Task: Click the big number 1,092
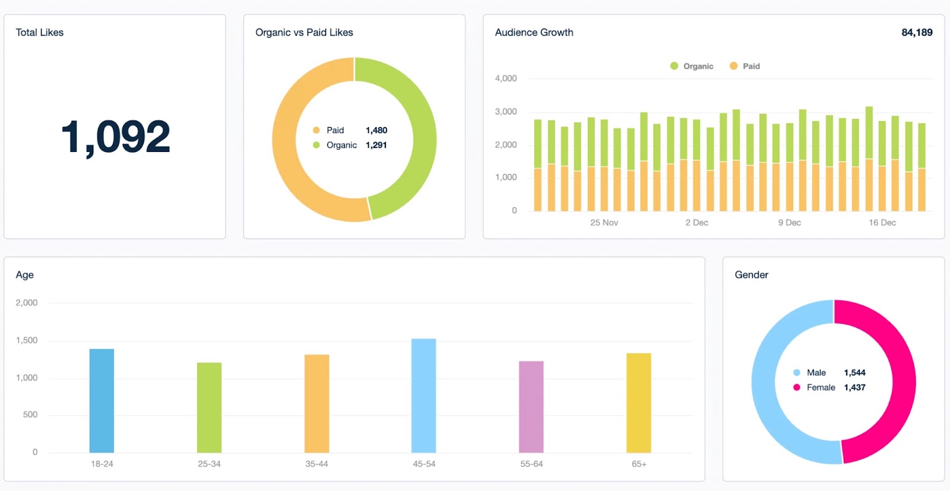pyautogui.click(x=115, y=137)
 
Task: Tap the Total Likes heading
pyautogui.click(x=39, y=33)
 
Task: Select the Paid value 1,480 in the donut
pyautogui.click(x=376, y=130)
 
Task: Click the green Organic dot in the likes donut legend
pyautogui.click(x=316, y=145)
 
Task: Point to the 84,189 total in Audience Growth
pyautogui.click(x=916, y=33)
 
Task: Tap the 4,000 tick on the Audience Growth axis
pyautogui.click(x=505, y=78)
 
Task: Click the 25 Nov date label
pyautogui.click(x=604, y=223)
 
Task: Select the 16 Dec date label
pyautogui.click(x=882, y=223)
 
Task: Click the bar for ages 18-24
pyautogui.click(x=102, y=401)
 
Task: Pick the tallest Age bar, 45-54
pyautogui.click(x=423, y=395)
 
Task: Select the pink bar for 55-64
pyautogui.click(x=531, y=407)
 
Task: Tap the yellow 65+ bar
pyautogui.click(x=638, y=403)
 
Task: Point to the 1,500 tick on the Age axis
pyautogui.click(x=27, y=340)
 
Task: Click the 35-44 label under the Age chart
pyautogui.click(x=316, y=464)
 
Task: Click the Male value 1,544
pyautogui.click(x=854, y=373)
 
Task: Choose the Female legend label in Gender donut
pyautogui.click(x=821, y=387)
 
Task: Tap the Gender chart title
pyautogui.click(x=751, y=275)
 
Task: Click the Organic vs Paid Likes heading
pyautogui.click(x=304, y=33)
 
